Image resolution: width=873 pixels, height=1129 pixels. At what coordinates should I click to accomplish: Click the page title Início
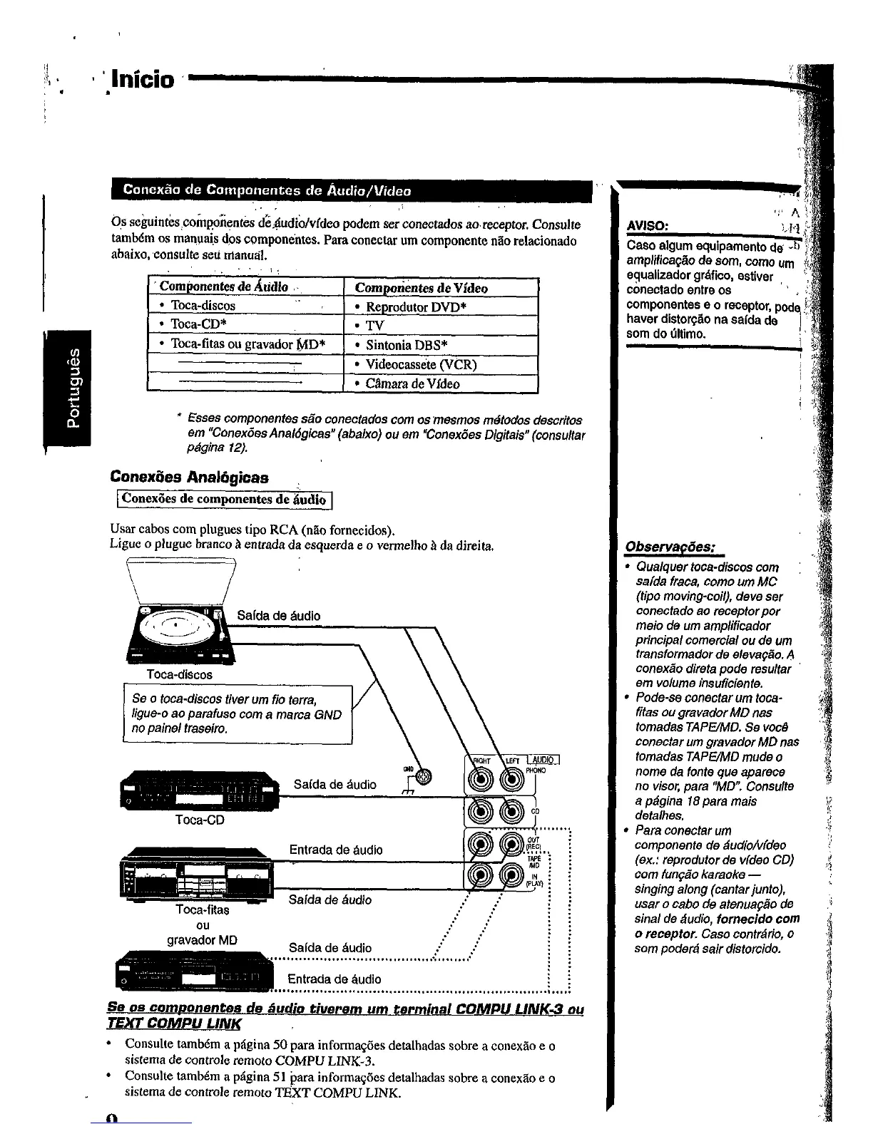tap(142, 79)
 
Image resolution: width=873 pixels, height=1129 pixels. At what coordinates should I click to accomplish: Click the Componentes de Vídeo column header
tap(421, 288)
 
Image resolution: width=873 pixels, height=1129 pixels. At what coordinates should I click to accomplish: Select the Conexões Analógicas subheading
tap(189, 477)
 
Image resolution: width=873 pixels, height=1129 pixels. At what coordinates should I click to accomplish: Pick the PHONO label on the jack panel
tap(536, 770)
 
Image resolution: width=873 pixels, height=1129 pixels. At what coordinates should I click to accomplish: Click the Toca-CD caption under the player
tap(200, 820)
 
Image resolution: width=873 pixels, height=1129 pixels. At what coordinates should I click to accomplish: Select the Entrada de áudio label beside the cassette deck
tap(335, 850)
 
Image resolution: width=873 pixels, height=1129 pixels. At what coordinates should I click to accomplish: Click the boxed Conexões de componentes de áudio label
tap(223, 499)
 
